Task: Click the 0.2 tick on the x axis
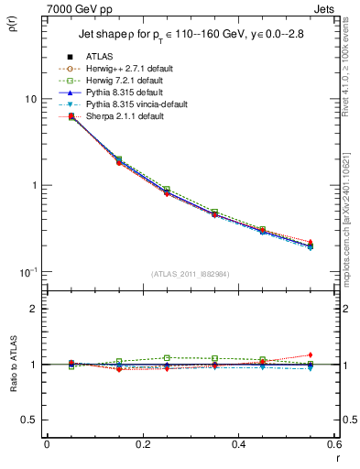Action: point(142,444)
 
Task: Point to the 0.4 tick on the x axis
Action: point(237,444)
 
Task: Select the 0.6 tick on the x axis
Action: point(333,444)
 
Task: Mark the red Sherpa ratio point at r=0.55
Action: point(310,354)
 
